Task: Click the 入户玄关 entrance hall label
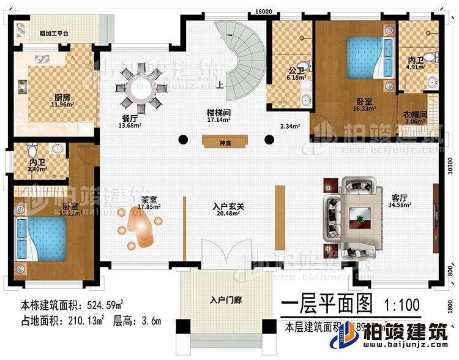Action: [x=229, y=208]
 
